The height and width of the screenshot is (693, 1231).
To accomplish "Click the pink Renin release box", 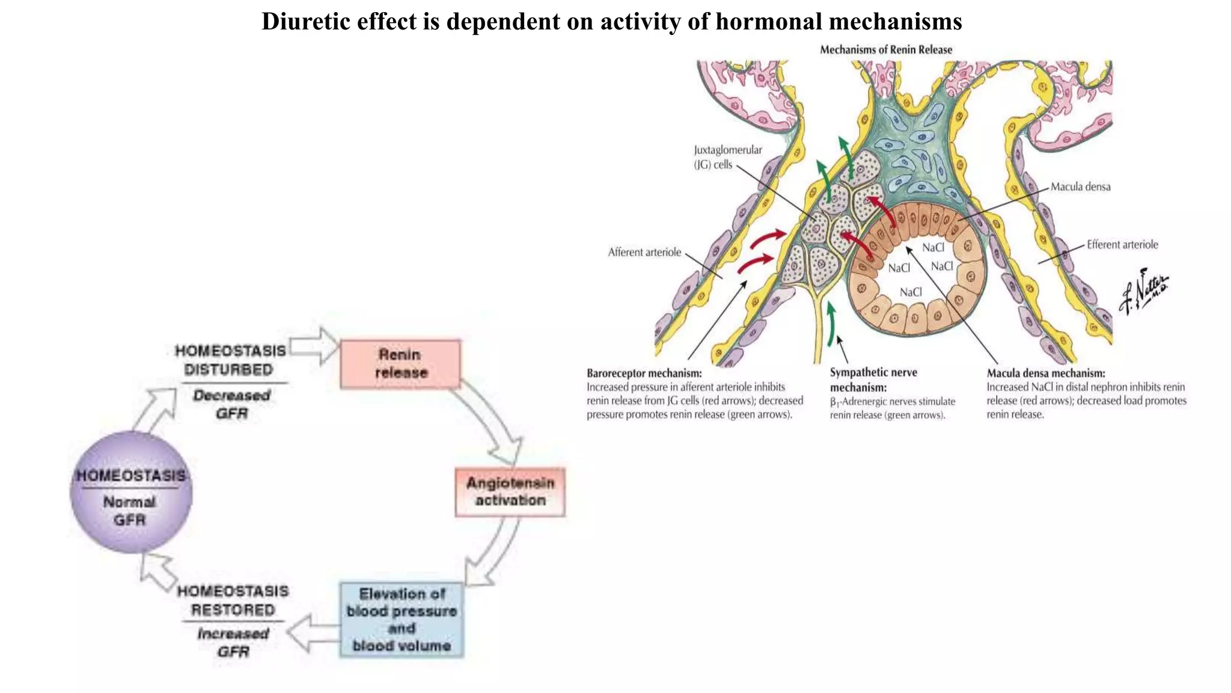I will click(400, 364).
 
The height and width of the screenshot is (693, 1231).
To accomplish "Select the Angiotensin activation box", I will click(510, 491).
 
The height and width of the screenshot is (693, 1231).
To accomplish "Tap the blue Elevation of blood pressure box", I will click(402, 620).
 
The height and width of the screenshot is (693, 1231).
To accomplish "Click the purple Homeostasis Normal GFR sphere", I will click(131, 492).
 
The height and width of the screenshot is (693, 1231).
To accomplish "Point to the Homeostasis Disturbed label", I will click(230, 360).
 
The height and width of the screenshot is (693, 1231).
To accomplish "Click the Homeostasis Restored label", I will click(233, 600).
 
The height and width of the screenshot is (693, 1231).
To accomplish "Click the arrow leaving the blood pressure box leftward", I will click(313, 633).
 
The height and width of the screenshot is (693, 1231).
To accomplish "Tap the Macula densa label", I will click(1080, 187).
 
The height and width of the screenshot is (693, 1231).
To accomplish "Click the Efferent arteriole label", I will click(1122, 245).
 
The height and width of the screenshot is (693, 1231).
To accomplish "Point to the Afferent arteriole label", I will click(644, 253).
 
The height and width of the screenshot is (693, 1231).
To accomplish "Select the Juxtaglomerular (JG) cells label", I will click(727, 157).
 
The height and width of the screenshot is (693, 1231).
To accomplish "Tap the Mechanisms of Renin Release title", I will click(886, 50).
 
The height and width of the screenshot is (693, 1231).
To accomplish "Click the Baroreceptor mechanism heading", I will click(644, 373).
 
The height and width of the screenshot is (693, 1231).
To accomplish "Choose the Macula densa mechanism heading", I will click(1045, 373).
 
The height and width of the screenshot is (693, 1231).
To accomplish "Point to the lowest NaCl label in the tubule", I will click(911, 292).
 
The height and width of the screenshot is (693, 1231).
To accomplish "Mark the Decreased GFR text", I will click(232, 404).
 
